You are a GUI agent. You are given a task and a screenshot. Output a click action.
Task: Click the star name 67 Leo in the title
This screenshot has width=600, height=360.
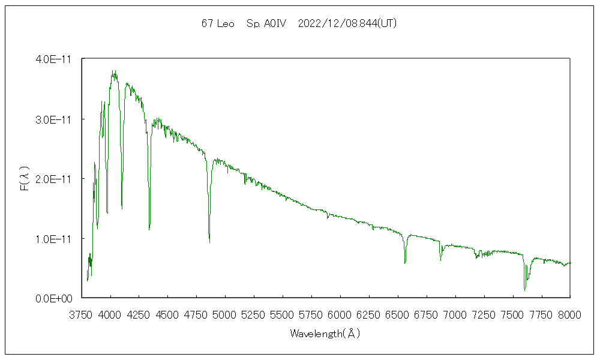pyautogui.click(x=218, y=24)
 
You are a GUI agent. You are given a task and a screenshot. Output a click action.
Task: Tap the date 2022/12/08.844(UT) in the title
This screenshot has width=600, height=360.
pyautogui.click(x=347, y=24)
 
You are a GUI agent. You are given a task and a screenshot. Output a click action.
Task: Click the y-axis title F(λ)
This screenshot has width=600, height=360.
pyautogui.click(x=25, y=179)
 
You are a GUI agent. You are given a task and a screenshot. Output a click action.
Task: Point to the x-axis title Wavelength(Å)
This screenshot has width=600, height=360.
pyautogui.click(x=325, y=334)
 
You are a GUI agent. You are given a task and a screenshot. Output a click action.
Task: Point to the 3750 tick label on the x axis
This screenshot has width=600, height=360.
pyautogui.click(x=82, y=314)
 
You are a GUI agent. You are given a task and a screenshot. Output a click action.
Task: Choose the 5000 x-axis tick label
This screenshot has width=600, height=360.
pyautogui.click(x=225, y=314)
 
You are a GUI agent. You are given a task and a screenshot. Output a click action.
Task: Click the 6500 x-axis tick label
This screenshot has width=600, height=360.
pyautogui.click(x=398, y=314)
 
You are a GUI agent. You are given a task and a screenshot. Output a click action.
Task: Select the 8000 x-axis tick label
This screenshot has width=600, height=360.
pyautogui.click(x=569, y=314)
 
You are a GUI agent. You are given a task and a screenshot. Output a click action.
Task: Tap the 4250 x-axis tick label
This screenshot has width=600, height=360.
pyautogui.click(x=139, y=314)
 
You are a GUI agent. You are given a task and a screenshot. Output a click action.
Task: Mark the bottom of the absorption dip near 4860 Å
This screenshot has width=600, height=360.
pyautogui.click(x=209, y=242)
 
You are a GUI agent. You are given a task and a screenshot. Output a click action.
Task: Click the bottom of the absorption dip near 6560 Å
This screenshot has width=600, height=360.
pyautogui.click(x=405, y=263)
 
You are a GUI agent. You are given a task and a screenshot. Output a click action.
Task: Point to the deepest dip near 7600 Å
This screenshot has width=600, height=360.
pyautogui.click(x=525, y=290)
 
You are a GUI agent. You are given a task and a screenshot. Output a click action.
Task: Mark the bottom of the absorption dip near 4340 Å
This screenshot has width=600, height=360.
pyautogui.click(x=149, y=230)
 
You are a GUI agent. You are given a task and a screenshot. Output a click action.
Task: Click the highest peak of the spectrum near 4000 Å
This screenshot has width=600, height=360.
pyautogui.click(x=113, y=71)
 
